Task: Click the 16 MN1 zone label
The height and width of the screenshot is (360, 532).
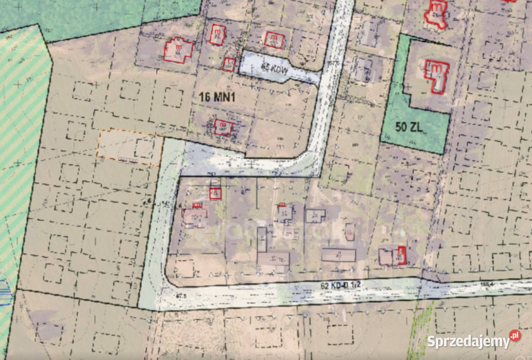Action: [218, 96]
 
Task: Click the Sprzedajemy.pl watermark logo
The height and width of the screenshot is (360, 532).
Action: [474, 340]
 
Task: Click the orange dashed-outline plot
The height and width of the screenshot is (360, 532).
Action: [129, 147]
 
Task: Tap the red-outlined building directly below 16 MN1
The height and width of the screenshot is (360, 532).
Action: [223, 127]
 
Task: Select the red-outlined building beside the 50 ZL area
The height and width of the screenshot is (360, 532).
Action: [437, 75]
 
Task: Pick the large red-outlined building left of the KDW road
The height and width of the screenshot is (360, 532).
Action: [178, 50]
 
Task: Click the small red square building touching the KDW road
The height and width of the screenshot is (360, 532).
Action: [228, 64]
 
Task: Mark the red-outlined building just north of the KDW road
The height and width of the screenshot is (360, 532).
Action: [274, 39]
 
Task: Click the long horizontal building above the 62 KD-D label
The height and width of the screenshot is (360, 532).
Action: [338, 255]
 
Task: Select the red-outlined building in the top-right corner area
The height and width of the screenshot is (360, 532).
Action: [436, 14]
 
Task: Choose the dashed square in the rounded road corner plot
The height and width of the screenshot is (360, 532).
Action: [185, 269]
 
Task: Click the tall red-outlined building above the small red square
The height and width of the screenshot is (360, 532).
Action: [217, 34]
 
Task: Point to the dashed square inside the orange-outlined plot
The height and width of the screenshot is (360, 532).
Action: [144, 147]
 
